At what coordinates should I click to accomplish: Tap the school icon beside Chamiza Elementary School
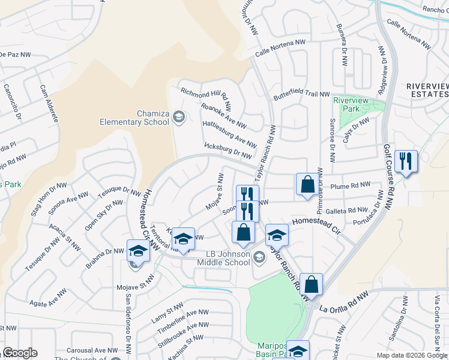178,116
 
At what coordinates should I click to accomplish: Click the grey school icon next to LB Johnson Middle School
259,257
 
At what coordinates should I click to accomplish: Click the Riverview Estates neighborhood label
427,91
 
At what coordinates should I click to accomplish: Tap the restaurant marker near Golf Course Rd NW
406,161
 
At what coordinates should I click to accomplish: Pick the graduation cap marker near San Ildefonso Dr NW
137,251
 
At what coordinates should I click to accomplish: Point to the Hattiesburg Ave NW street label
229,134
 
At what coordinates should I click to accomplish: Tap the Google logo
20,353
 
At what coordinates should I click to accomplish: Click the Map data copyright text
412,355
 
